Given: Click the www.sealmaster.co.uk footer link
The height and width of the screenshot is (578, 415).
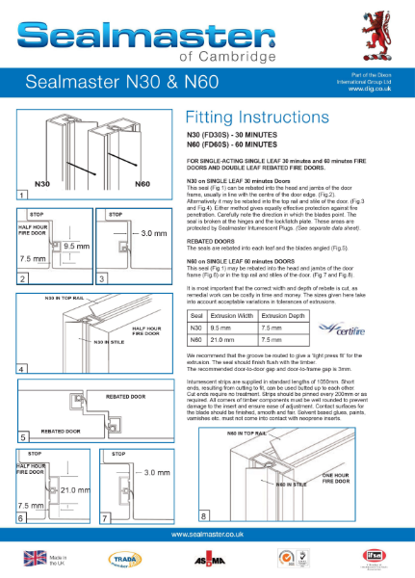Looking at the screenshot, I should (x=207, y=533).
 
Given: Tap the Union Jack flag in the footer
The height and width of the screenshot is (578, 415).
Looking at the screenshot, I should (x=36, y=558).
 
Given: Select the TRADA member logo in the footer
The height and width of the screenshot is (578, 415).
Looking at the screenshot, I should (x=125, y=558).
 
